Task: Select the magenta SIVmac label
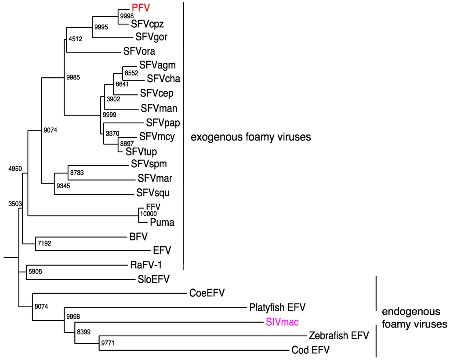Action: pyautogui.click(x=282, y=322)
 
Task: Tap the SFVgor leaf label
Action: pyautogui.click(x=151, y=37)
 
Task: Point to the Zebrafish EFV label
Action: pyautogui.click(x=338, y=336)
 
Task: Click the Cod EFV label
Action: pyautogui.click(x=311, y=350)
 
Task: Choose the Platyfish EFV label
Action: pyautogui.click(x=277, y=307)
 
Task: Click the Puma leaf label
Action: pyautogui.click(x=162, y=223)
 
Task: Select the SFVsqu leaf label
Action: pyautogui.click(x=152, y=193)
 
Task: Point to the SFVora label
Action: pyautogui.click(x=139, y=51)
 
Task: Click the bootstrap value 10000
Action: pyautogui.click(x=149, y=213)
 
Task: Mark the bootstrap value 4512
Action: pyautogui.click(x=76, y=39)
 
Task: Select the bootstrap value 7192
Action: pyautogui.click(x=44, y=243)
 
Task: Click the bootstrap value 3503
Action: pyautogui.click(x=15, y=204)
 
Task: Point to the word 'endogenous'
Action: pyautogui.click(x=411, y=312)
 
